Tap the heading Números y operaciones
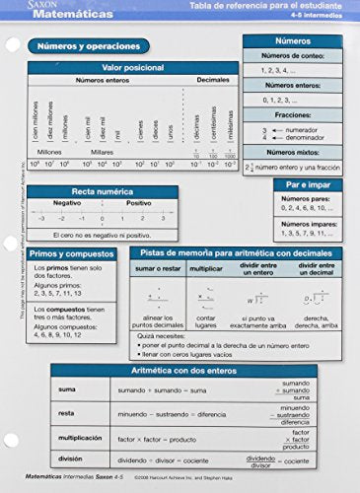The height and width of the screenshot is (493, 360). [95, 47]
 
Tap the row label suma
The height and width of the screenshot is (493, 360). [67, 389]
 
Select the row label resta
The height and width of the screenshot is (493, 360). [67, 414]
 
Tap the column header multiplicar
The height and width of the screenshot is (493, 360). [206, 268]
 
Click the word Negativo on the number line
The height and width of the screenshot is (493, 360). [67, 203]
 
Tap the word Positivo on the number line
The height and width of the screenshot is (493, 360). [139, 203]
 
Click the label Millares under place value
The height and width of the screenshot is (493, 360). [102, 152]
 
